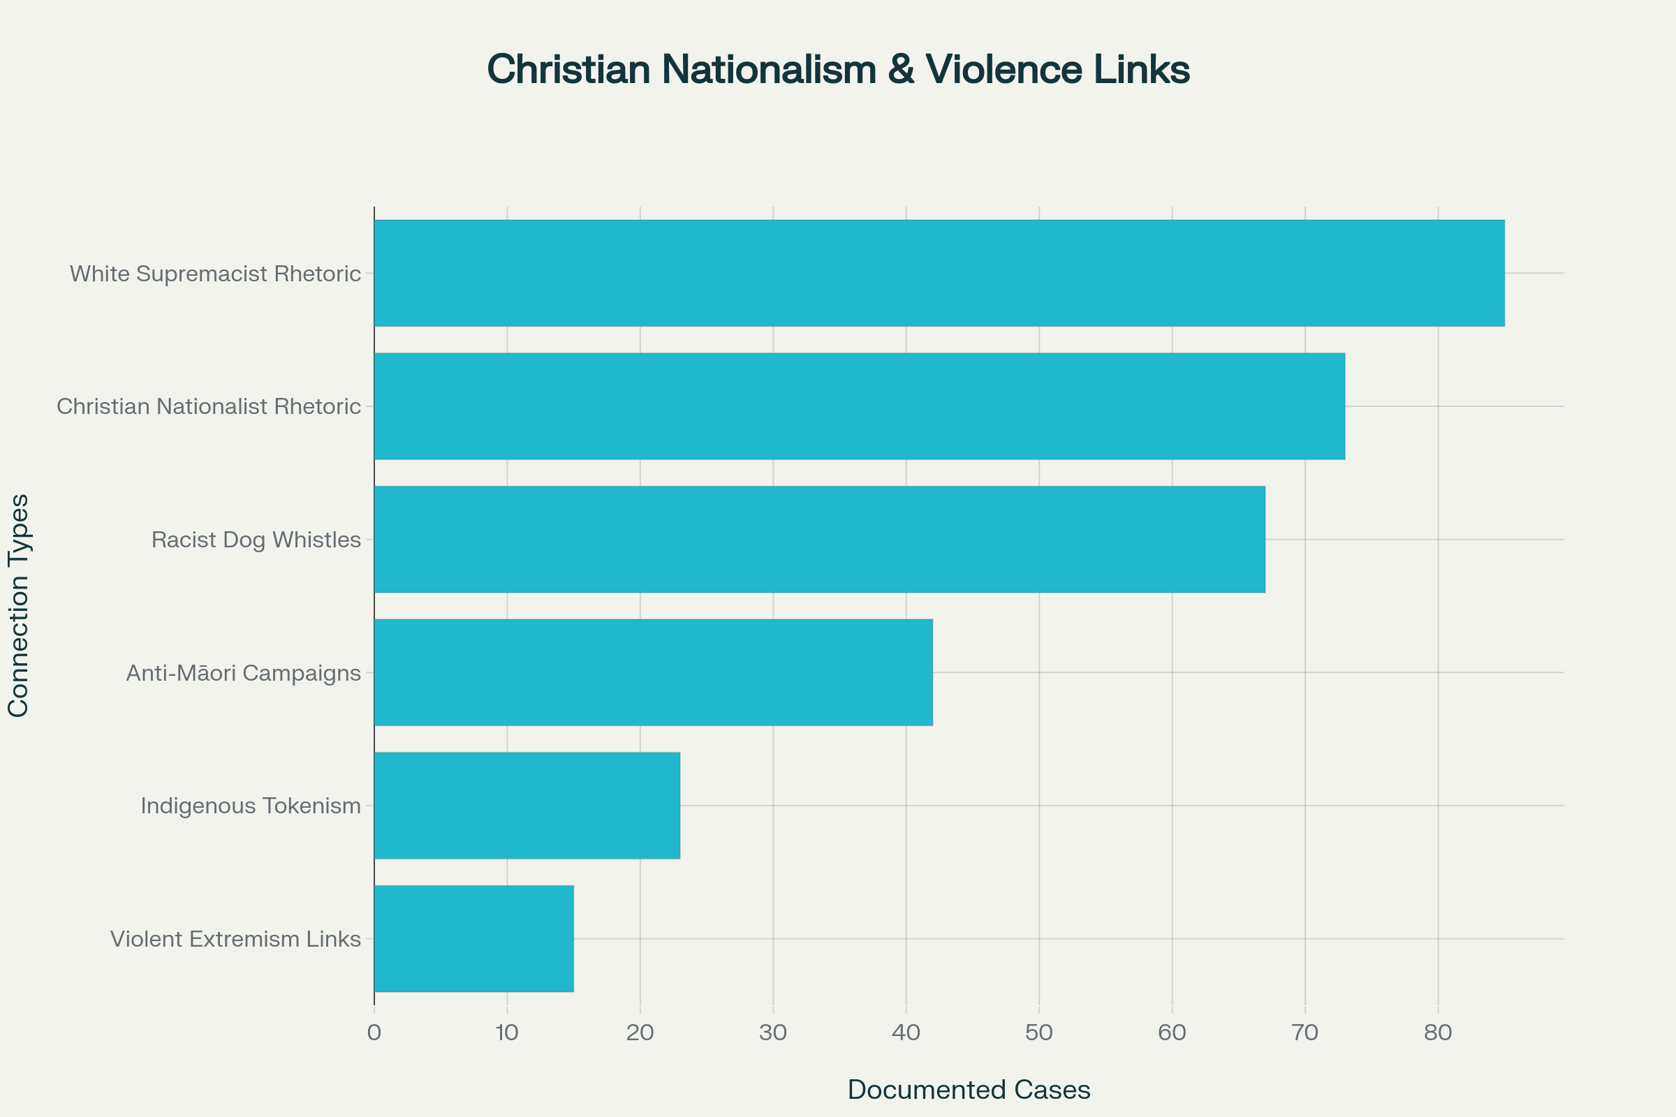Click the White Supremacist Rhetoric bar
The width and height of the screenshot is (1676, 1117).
[x=939, y=273]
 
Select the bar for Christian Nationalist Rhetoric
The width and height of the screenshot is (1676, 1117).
[x=860, y=406]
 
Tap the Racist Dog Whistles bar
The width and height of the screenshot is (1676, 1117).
[x=819, y=539]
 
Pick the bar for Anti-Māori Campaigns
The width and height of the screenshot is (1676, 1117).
[x=654, y=672]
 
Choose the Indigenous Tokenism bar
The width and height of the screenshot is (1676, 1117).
[x=527, y=806]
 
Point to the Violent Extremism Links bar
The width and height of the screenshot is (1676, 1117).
[x=474, y=939]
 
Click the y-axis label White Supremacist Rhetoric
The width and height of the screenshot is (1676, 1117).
[x=215, y=274]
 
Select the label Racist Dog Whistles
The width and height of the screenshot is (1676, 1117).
[x=256, y=540]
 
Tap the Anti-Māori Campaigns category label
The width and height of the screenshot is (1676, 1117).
[x=243, y=673]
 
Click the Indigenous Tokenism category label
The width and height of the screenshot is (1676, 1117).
[x=250, y=806]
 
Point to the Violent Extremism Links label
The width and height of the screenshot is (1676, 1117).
[x=235, y=939]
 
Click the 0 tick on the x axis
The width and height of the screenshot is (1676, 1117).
[x=374, y=1033]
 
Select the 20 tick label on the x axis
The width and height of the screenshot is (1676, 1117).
[x=640, y=1033]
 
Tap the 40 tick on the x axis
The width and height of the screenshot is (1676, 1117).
[x=906, y=1033]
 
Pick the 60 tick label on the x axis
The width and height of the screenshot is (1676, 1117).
[x=1172, y=1033]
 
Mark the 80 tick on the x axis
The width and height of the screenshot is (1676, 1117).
[x=1438, y=1033]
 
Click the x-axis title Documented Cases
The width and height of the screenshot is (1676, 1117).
[x=969, y=1090]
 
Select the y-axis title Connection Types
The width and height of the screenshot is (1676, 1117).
[x=18, y=605]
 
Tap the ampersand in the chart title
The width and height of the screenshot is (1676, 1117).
[x=901, y=70]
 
